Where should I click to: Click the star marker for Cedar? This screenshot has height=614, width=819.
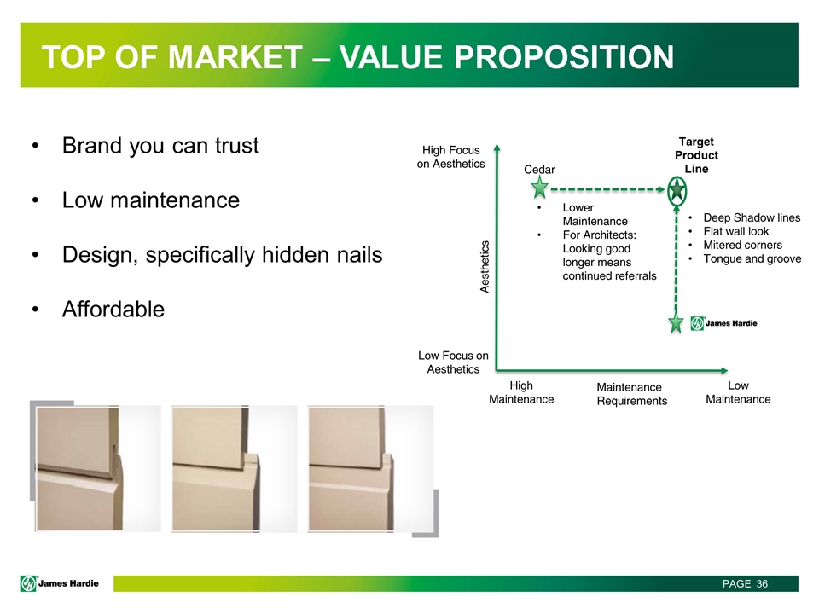point(539,188)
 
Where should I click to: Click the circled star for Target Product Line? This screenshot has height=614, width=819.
point(677,190)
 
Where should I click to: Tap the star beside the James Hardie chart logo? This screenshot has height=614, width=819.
point(676,322)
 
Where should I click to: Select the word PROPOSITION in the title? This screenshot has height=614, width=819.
point(564,56)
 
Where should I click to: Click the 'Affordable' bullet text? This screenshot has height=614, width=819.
point(113,309)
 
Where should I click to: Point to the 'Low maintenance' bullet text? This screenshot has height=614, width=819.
point(151,200)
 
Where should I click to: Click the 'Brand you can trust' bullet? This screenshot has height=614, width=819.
point(160,146)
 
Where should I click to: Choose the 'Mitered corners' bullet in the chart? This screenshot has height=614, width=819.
point(742,245)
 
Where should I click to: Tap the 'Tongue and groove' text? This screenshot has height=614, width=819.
point(752,258)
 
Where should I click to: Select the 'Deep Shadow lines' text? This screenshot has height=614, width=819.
point(752,217)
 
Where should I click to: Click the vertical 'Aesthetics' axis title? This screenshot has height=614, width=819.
point(485,267)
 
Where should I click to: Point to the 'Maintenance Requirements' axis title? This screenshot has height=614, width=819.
point(632,394)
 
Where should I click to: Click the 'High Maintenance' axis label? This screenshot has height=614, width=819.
point(521,392)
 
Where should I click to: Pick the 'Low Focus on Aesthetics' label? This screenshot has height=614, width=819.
point(453,362)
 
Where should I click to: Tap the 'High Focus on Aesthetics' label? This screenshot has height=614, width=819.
point(450,157)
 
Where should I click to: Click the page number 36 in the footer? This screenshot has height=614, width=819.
point(762,583)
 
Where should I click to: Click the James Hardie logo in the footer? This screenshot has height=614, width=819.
point(60,583)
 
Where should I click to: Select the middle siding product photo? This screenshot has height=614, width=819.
point(235,469)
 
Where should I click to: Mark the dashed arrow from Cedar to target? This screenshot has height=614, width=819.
point(608,189)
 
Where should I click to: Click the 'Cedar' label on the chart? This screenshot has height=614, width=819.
point(539,170)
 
